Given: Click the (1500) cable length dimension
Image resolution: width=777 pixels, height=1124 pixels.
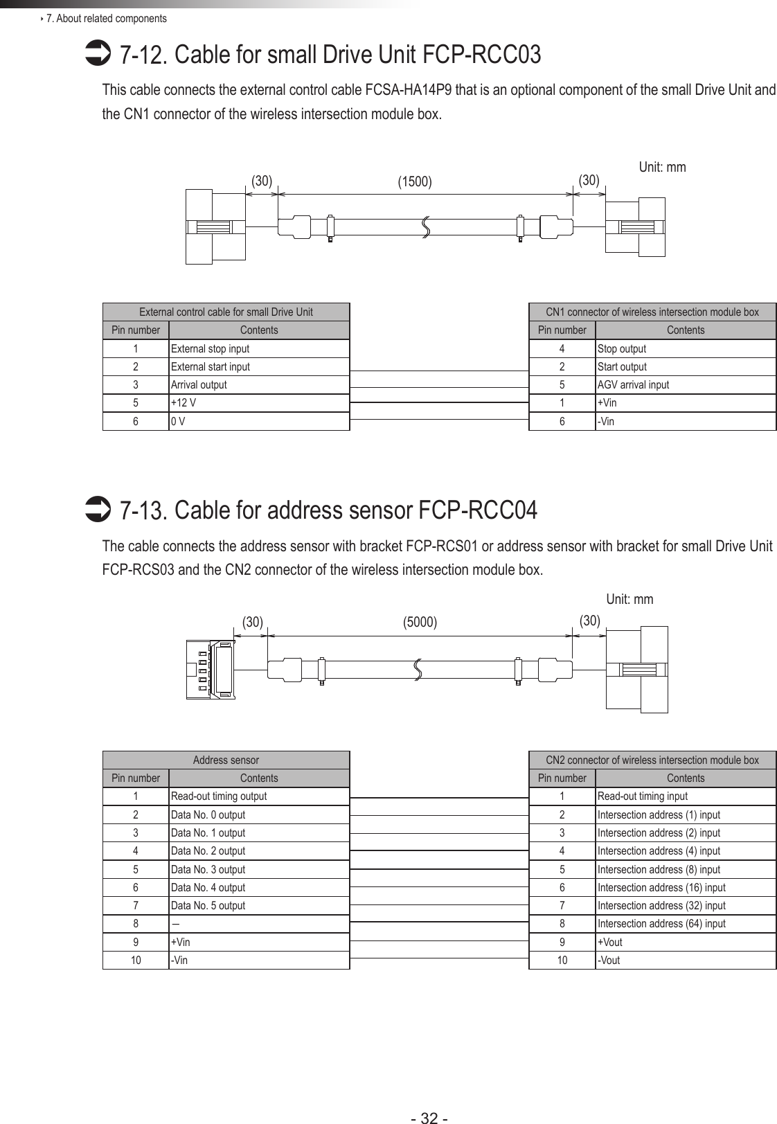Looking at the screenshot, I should point(414,182).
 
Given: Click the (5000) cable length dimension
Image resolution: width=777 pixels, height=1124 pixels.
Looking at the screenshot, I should point(420,622).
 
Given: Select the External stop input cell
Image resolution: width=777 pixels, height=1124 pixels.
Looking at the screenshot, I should point(258,349).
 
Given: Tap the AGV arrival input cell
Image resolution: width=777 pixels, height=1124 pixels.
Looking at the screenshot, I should point(685,385).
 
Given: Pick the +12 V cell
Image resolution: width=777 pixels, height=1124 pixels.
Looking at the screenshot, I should point(258,403).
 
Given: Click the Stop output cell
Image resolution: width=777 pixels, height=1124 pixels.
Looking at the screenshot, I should point(685,349).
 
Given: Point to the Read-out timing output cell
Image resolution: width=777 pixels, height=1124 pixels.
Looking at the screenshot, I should point(258,796).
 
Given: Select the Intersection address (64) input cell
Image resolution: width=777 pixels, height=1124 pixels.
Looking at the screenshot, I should point(685,924).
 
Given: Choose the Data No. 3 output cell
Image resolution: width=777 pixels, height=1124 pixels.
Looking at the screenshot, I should point(258,869).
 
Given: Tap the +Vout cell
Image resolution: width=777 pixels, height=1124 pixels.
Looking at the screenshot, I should point(685,942).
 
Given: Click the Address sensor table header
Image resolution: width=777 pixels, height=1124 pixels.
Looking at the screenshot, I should point(226,760).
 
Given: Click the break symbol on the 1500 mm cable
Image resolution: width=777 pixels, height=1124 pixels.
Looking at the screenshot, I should point(425,226).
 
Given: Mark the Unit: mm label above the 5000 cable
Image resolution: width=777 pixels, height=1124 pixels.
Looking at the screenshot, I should point(629,599).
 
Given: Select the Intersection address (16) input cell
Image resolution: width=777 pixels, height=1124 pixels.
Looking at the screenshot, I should point(685,887).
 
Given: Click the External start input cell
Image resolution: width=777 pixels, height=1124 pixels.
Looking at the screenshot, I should point(258,367).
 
